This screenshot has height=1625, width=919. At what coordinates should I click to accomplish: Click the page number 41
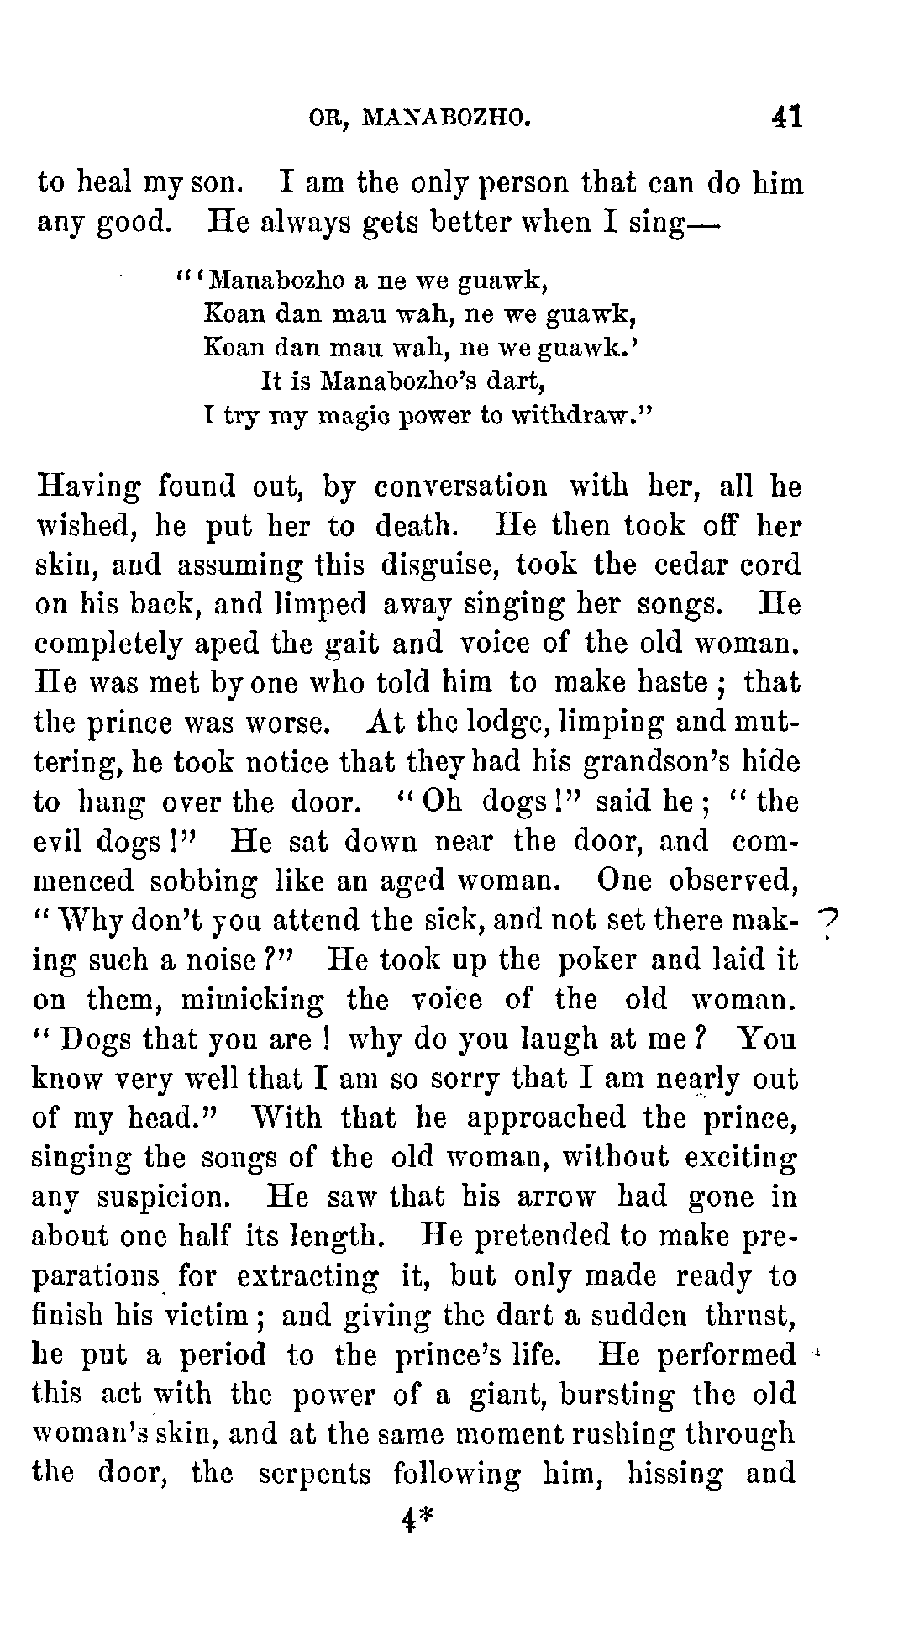787,115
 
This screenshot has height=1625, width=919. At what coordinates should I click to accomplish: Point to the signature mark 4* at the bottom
417,1519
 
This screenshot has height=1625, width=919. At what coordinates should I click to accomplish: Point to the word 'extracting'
307,1276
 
